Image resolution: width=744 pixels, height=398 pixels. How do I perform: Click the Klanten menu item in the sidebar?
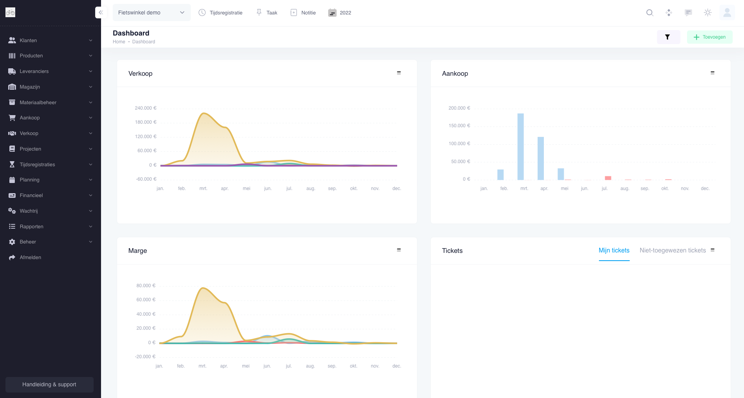pyautogui.click(x=28, y=40)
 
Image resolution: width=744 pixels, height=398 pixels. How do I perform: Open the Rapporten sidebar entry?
pyautogui.click(x=31, y=226)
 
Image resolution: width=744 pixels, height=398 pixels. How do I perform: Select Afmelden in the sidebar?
pyautogui.click(x=30, y=258)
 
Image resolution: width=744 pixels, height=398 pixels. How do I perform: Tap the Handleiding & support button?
pyautogui.click(x=49, y=384)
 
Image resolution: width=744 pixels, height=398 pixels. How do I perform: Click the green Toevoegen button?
pyautogui.click(x=709, y=37)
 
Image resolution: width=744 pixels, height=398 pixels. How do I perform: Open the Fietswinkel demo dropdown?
pyautogui.click(x=151, y=12)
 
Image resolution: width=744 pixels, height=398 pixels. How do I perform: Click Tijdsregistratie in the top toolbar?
pyautogui.click(x=220, y=12)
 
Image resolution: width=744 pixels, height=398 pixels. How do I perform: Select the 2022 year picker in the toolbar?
pyautogui.click(x=340, y=12)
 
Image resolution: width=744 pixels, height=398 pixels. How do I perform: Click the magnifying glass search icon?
pyautogui.click(x=650, y=12)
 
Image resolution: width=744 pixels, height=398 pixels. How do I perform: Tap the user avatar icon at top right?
pyautogui.click(x=727, y=12)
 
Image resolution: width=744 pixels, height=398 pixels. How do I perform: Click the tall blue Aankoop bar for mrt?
pyautogui.click(x=520, y=146)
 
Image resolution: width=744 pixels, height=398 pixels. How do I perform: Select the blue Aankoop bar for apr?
pyautogui.click(x=541, y=158)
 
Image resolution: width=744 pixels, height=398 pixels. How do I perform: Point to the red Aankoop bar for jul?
pyautogui.click(x=608, y=178)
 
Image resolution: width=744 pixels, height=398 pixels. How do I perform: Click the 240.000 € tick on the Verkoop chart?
pyautogui.click(x=146, y=108)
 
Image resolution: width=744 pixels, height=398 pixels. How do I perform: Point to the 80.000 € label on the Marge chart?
pyautogui.click(x=146, y=286)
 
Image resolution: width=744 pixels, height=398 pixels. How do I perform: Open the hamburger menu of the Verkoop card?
pyautogui.click(x=399, y=73)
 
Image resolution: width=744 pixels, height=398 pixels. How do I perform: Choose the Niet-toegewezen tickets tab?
pyautogui.click(x=673, y=251)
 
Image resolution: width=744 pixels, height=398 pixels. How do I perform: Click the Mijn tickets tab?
pyautogui.click(x=614, y=251)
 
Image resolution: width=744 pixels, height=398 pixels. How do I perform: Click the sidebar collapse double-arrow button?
pyautogui.click(x=101, y=12)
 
